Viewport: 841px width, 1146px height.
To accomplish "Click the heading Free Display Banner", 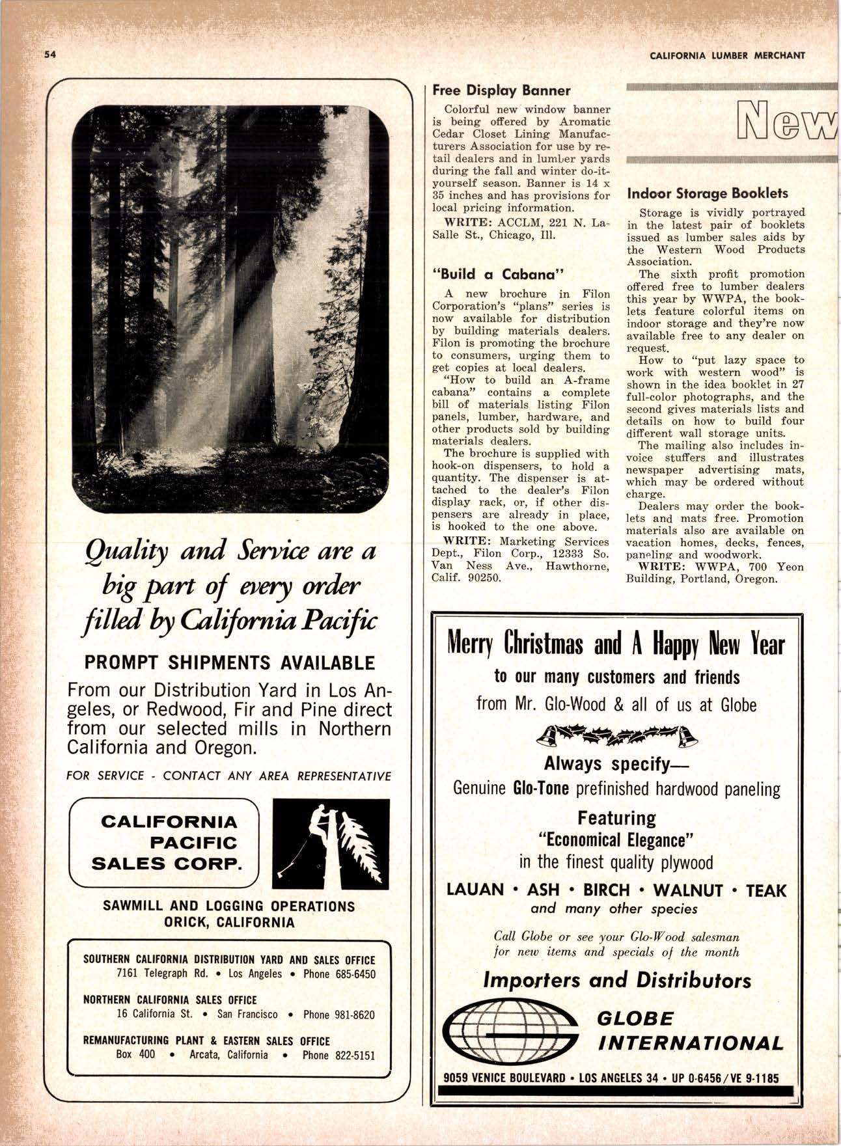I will pyautogui.click(x=501, y=90).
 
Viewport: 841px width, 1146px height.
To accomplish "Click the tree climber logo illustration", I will pyautogui.click(x=331, y=843).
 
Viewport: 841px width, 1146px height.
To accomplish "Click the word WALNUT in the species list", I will pyautogui.click(x=687, y=890).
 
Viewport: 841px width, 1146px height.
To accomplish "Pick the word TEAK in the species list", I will pyautogui.click(x=766, y=890).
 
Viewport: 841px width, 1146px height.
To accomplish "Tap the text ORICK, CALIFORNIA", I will pyautogui.click(x=229, y=922).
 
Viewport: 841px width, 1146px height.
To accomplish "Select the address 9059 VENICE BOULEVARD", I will pyautogui.click(x=504, y=1077).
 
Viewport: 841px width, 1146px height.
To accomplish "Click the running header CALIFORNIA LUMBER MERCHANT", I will pyautogui.click(x=727, y=55).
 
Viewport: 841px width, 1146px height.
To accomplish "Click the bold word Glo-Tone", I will pyautogui.click(x=541, y=789).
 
